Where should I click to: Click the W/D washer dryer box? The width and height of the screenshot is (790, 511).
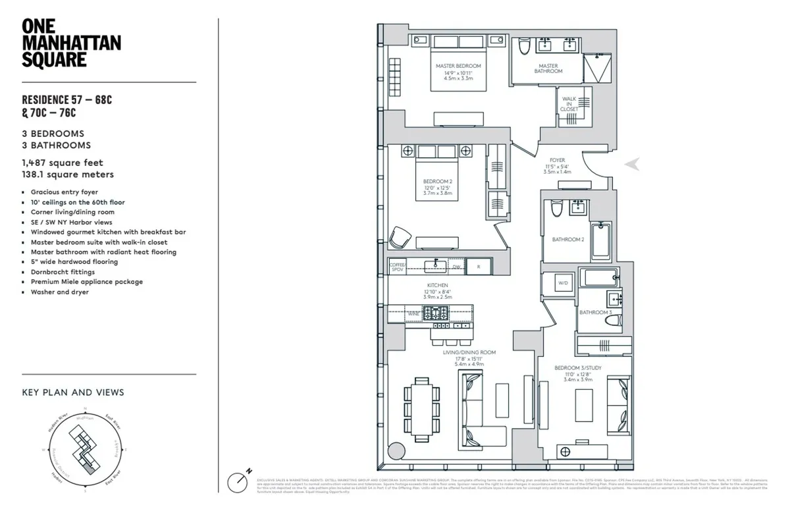coord(563,284)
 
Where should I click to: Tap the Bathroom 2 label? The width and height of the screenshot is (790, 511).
coord(568,240)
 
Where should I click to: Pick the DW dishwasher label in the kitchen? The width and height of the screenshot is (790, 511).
coord(456,267)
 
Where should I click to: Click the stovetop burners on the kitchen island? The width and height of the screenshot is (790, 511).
coord(436,313)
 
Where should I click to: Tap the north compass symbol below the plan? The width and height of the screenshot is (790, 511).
coord(239,480)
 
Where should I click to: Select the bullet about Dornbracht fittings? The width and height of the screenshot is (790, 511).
coord(63,272)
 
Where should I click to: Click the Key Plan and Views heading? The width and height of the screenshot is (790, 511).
coord(73,392)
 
